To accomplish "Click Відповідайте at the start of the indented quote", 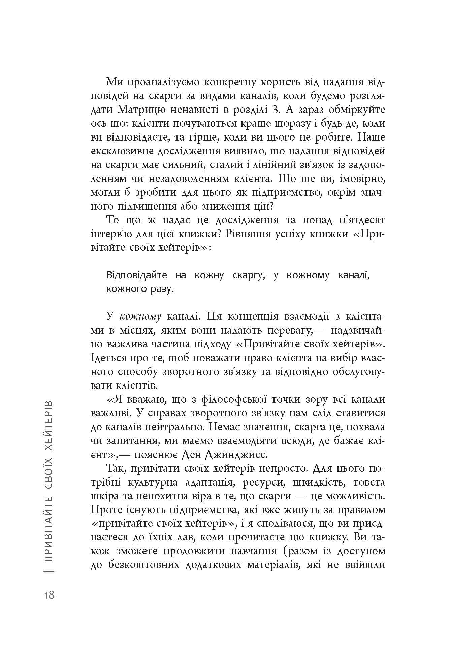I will [x=137, y=275].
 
